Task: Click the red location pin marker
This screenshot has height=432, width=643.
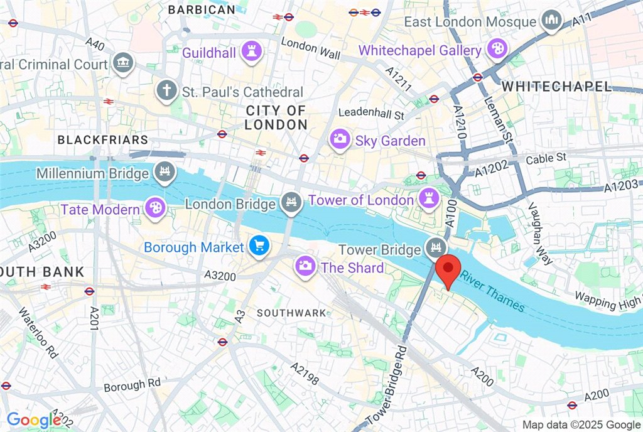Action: click(448, 269)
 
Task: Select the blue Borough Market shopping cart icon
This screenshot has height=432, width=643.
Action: click(258, 247)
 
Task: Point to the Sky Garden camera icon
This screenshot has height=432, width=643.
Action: click(340, 139)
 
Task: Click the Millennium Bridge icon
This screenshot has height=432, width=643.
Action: click(164, 171)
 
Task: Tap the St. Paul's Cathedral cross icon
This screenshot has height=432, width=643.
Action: click(166, 89)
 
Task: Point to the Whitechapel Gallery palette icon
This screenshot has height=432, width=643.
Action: click(497, 50)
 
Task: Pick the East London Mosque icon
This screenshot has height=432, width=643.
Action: click(552, 21)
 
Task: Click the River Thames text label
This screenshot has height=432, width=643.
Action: click(492, 291)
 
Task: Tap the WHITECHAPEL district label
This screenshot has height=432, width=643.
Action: click(557, 86)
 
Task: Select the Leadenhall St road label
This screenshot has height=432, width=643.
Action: click(371, 114)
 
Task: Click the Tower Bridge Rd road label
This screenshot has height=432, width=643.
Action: click(387, 384)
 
